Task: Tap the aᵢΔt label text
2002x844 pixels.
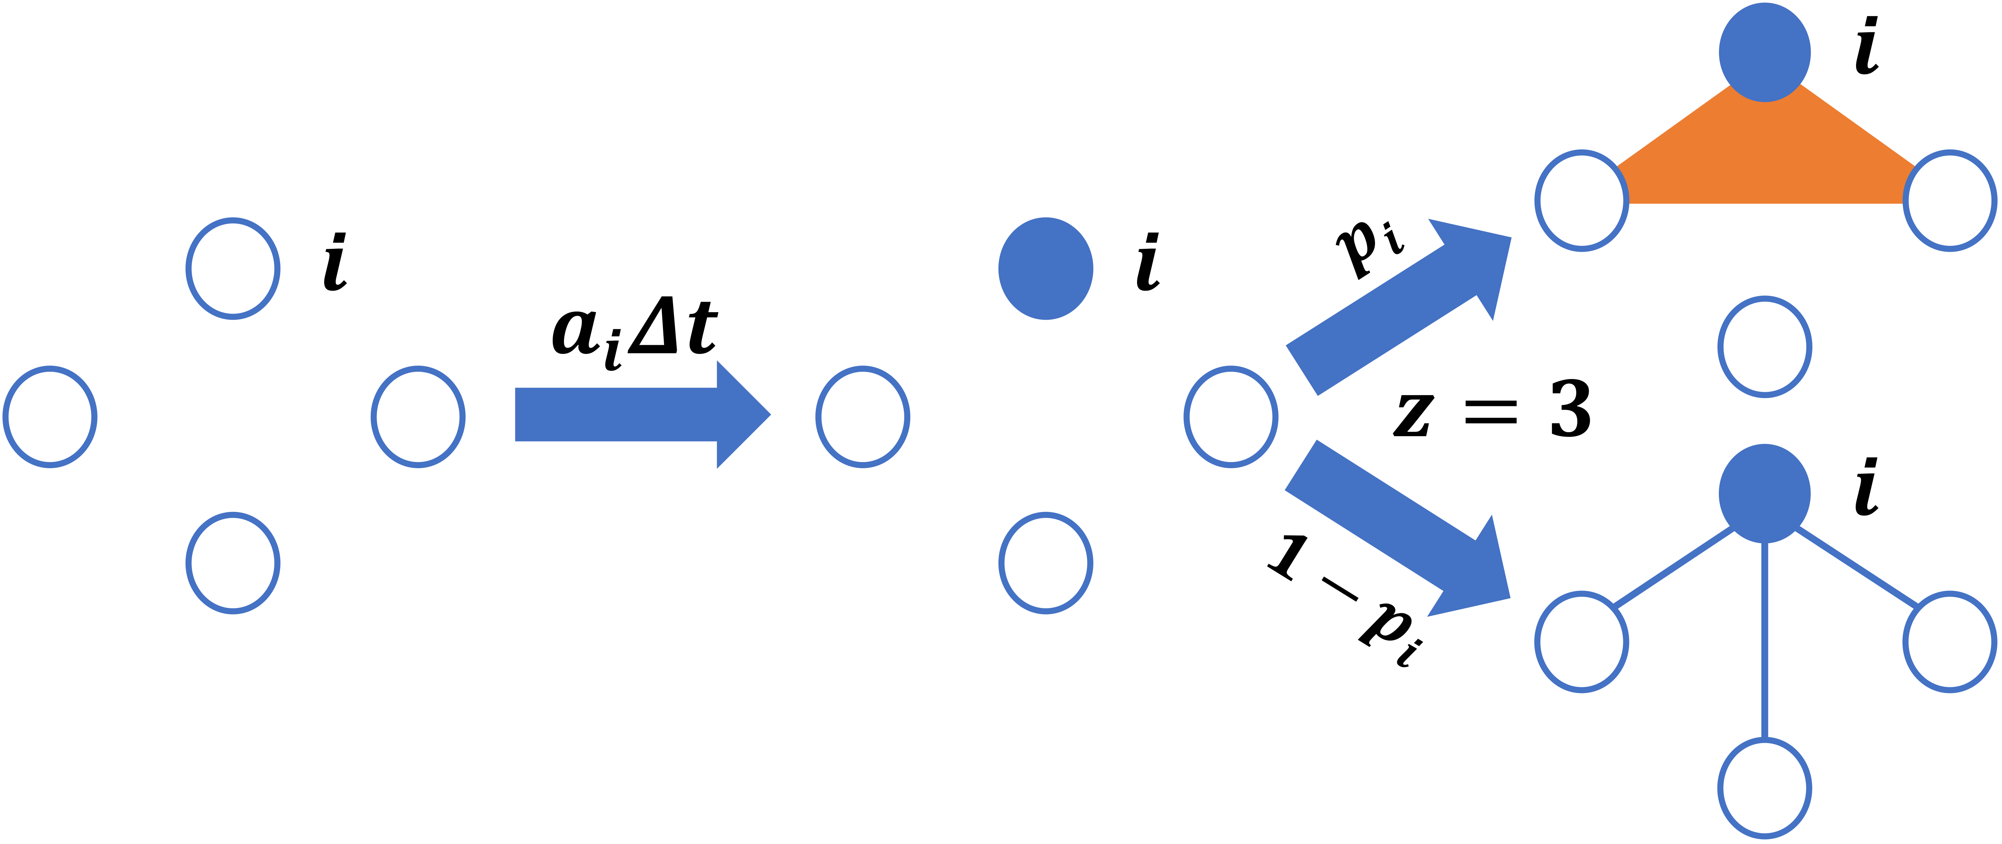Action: (x=633, y=330)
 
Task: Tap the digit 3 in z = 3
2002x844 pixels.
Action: (x=1570, y=410)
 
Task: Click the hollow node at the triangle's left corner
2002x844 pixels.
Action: (x=1581, y=200)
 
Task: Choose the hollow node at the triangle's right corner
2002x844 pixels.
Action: (x=1949, y=200)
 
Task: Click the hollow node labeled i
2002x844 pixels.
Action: (x=233, y=268)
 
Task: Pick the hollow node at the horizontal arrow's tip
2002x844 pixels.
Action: (x=863, y=417)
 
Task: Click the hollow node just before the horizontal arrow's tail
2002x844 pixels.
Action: (x=418, y=417)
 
